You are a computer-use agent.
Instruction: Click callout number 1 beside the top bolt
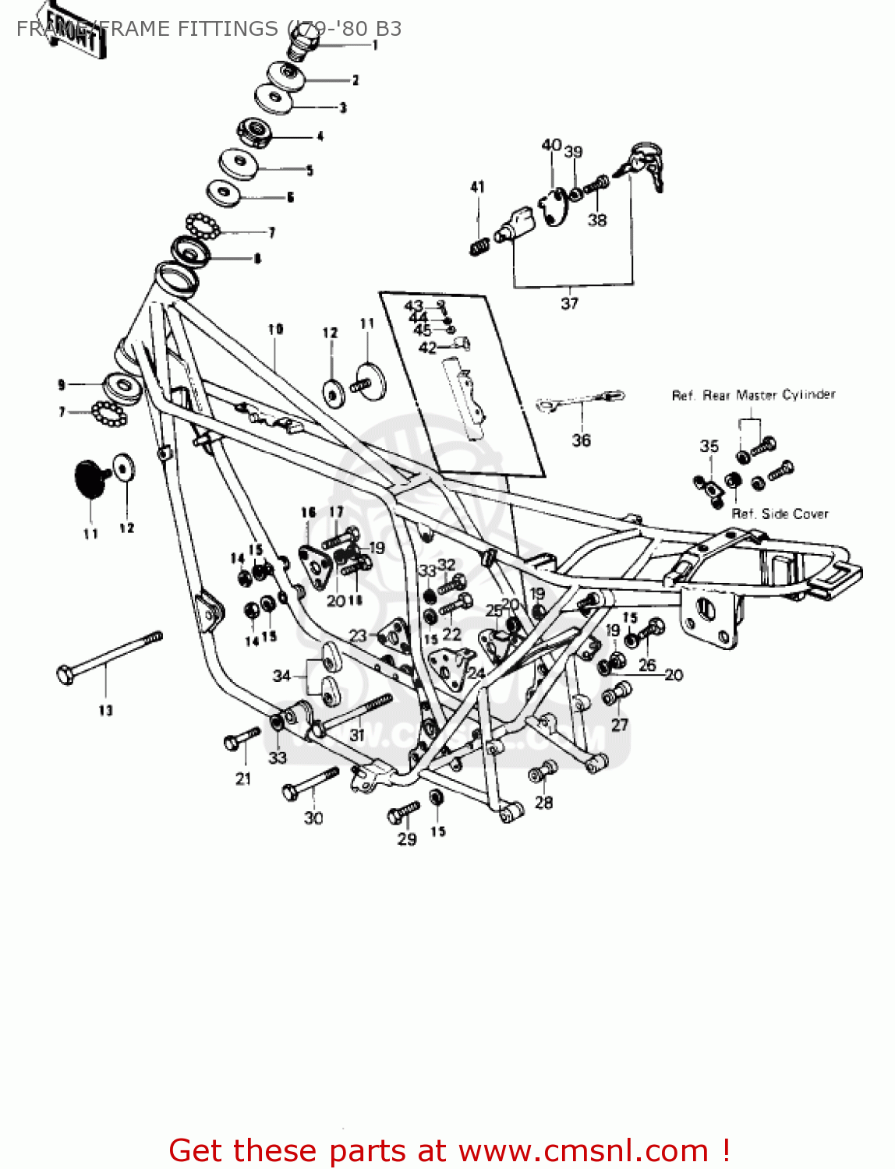pyautogui.click(x=375, y=46)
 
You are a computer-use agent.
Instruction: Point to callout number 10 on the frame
pyautogui.click(x=275, y=330)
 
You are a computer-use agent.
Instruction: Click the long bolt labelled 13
pyautogui.click(x=109, y=659)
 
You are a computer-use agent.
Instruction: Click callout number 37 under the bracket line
pyautogui.click(x=570, y=303)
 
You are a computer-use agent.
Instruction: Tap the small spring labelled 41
pyautogui.click(x=479, y=246)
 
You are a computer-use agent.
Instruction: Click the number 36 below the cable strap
pyautogui.click(x=582, y=440)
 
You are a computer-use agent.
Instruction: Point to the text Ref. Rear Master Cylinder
pyautogui.click(x=753, y=395)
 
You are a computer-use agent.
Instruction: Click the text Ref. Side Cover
pyautogui.click(x=780, y=514)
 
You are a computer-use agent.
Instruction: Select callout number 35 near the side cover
pyautogui.click(x=709, y=446)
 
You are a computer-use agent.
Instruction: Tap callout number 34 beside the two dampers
pyautogui.click(x=281, y=676)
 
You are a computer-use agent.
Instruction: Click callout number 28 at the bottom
pyautogui.click(x=544, y=802)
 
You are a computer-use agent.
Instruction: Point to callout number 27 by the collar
pyautogui.click(x=619, y=725)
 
